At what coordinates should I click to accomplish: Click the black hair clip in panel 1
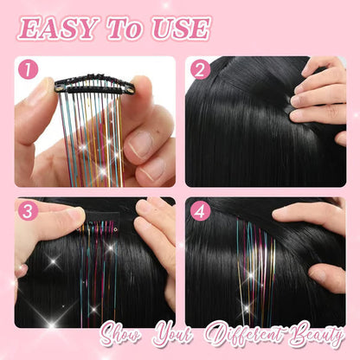(93, 85)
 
